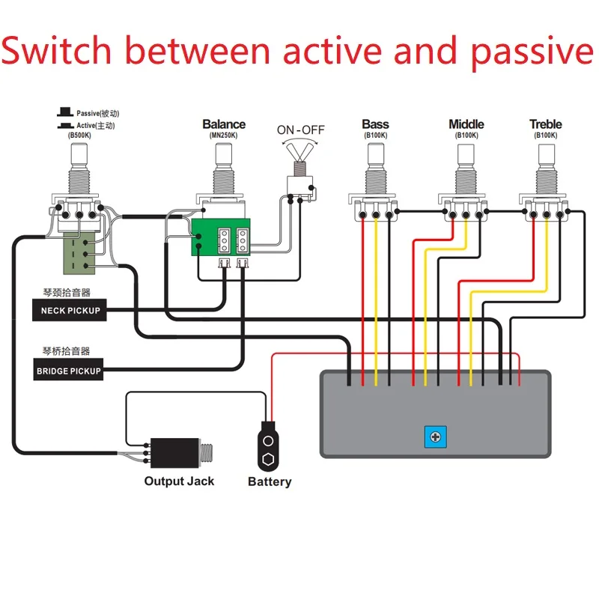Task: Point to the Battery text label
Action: tap(270, 482)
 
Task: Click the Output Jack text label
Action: tap(179, 481)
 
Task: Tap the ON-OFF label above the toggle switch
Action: tap(301, 130)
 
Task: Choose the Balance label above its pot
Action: tap(223, 124)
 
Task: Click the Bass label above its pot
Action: tap(375, 124)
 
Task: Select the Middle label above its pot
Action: tap(466, 124)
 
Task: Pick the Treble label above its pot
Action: tap(545, 124)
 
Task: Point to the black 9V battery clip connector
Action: tap(268, 448)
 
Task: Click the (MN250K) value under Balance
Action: tap(223, 136)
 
